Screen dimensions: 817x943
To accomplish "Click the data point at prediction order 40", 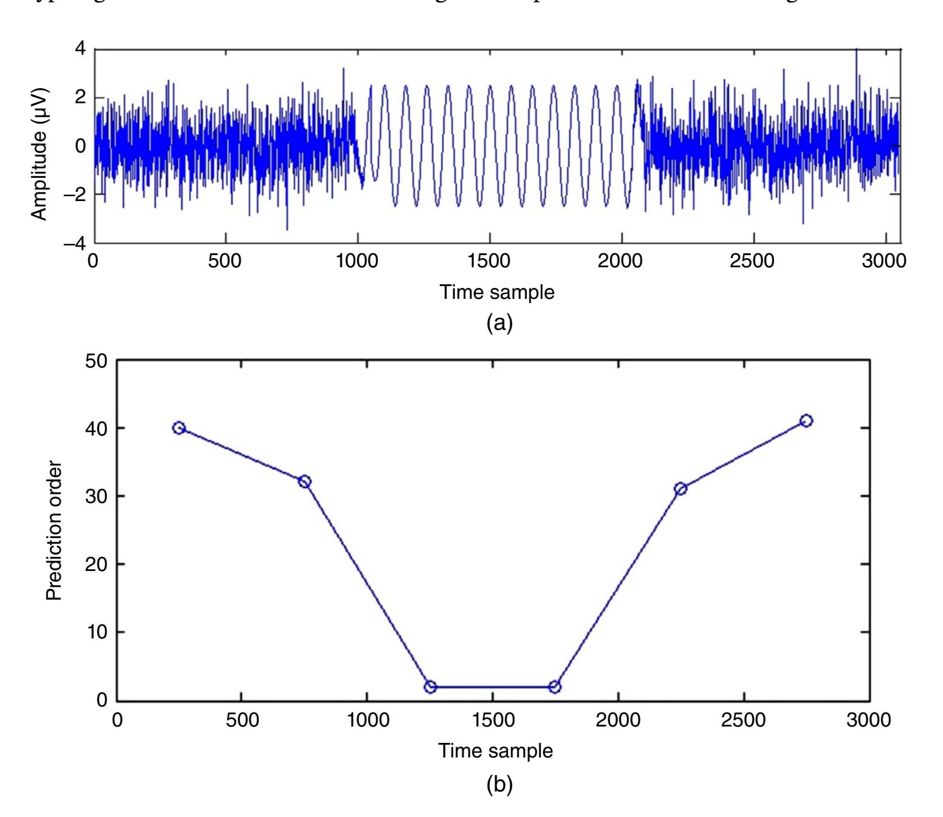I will point(179,428).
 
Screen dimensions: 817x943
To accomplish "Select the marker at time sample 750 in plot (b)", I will point(304,482).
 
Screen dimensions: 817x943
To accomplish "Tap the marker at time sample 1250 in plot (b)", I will point(430,686).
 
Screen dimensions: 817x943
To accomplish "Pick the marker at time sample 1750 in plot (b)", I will point(554,686).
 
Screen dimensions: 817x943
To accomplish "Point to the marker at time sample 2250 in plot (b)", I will point(681,488).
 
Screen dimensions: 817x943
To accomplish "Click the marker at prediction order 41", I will point(806,421).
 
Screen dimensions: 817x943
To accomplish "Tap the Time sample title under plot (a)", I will point(497,292).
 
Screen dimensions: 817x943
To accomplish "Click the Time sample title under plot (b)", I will point(496,751).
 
